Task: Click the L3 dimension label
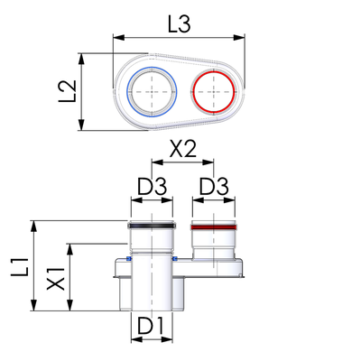point(180,24)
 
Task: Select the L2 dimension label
point(68,91)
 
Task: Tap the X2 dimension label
point(183,149)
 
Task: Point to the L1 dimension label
point(20,267)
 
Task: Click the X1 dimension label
point(56,279)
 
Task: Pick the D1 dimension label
point(151,326)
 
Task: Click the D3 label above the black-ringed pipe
point(152,187)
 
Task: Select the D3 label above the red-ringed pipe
point(214,187)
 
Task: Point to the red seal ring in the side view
point(214,227)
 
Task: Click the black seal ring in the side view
point(152,226)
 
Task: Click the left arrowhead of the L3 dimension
point(118,38)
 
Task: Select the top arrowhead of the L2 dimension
point(81,60)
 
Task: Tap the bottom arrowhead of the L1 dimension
point(34,305)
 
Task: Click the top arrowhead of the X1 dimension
point(70,249)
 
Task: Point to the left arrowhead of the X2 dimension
point(157,162)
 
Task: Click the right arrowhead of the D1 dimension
point(167,339)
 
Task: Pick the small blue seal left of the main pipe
point(129,258)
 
